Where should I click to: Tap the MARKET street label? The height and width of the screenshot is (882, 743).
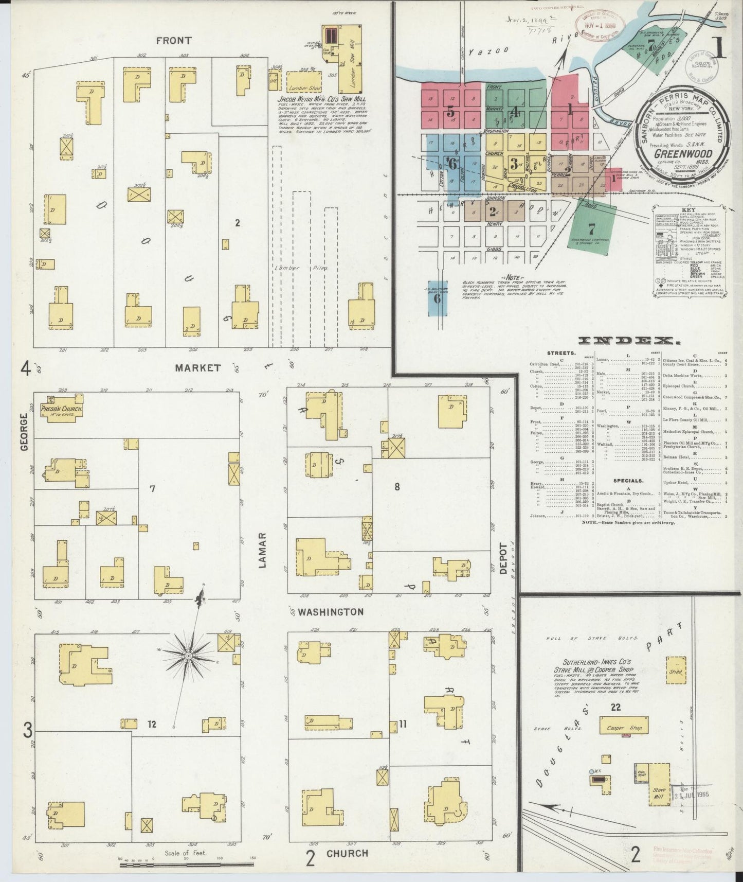pyautogui.click(x=197, y=368)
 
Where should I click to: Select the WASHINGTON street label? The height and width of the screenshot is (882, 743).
pyautogui.click(x=331, y=612)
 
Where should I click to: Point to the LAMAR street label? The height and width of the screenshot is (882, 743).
pyautogui.click(x=263, y=550)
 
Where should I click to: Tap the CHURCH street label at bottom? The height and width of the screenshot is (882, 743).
pyautogui.click(x=347, y=853)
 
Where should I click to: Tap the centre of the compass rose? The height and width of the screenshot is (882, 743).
pyautogui.click(x=188, y=656)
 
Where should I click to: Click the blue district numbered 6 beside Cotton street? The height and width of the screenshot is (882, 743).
pyautogui.click(x=452, y=164)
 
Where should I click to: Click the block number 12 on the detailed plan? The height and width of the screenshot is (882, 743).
pyautogui.click(x=152, y=724)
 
